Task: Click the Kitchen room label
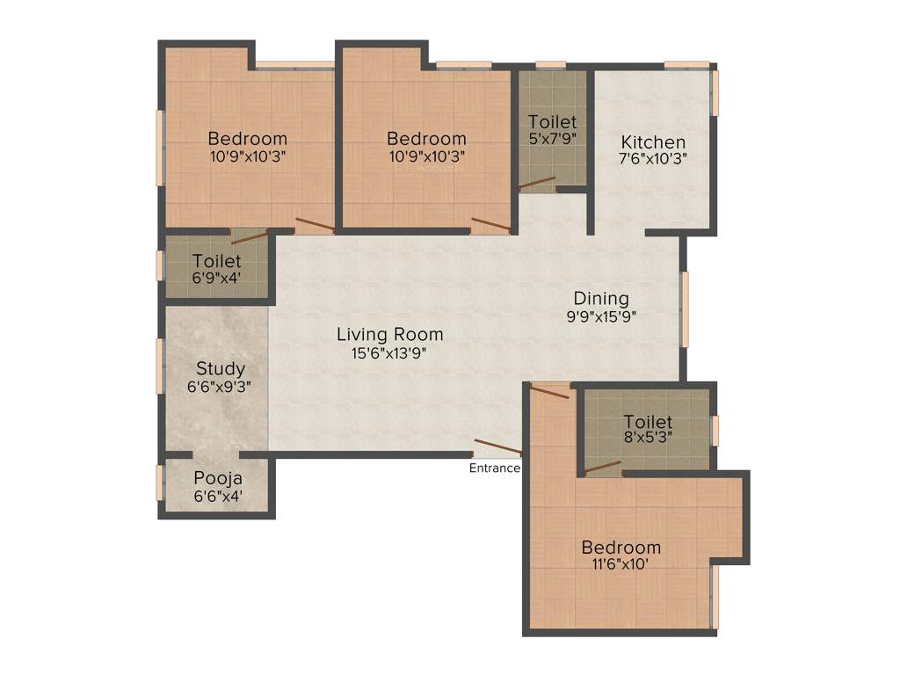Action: point(653,142)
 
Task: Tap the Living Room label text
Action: point(389,335)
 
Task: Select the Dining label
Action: point(601,298)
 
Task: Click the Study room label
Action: point(220,368)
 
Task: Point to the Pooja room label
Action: point(217,479)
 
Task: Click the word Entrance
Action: point(494,468)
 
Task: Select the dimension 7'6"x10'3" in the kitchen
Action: point(653,159)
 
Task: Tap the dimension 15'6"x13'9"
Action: point(389,352)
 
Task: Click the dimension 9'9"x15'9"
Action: point(601,316)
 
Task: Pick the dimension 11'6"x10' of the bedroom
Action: point(621,564)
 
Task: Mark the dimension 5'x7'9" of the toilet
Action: point(552,137)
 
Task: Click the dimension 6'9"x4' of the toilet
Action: point(216,278)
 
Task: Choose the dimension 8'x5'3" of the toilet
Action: point(648,439)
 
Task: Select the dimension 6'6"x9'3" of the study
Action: point(220,385)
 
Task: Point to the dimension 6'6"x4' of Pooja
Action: point(217,497)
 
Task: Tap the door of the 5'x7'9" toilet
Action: point(536,183)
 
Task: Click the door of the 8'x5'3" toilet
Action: point(602,468)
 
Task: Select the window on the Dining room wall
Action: point(685,308)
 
